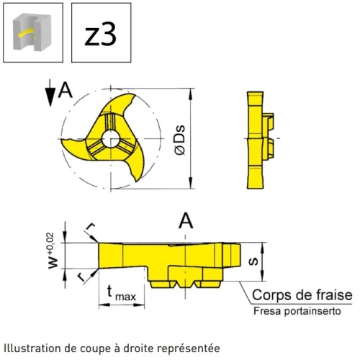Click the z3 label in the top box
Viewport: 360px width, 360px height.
click(101, 35)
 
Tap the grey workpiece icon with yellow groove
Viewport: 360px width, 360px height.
click(32, 32)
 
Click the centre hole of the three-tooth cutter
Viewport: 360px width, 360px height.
click(111, 139)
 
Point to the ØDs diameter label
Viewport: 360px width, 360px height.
click(180, 140)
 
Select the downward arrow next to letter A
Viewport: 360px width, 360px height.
click(50, 93)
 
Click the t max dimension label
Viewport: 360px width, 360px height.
click(122, 293)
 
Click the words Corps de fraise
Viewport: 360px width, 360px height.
click(302, 294)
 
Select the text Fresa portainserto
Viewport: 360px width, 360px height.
click(297, 311)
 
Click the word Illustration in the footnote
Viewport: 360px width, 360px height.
click(32, 348)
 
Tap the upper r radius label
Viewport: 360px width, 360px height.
click(90, 227)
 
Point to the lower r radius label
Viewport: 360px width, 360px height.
click(82, 277)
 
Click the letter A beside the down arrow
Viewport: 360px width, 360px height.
click(66, 90)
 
